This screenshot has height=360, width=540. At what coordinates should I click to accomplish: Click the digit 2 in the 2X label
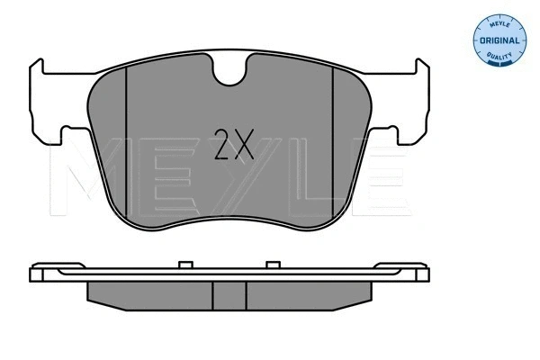[x=221, y=143]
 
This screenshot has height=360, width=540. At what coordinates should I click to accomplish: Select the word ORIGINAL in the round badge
[x=499, y=41]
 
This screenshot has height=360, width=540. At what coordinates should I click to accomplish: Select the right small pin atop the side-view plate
[x=270, y=265]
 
